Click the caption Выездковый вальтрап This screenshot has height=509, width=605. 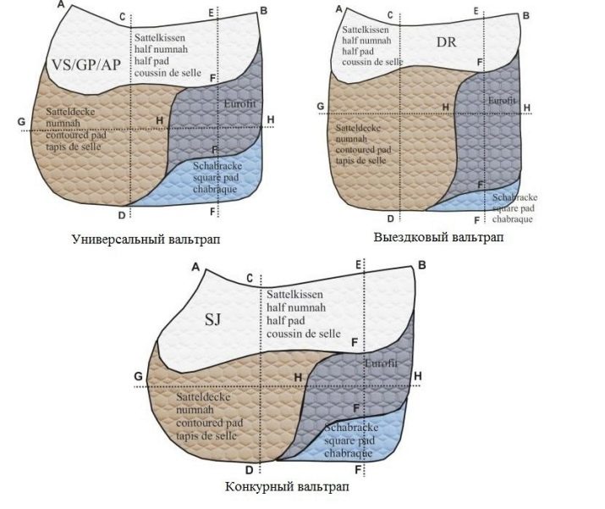pos(438,237)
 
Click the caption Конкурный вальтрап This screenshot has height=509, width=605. pos(287,489)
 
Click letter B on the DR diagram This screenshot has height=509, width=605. pos(525,15)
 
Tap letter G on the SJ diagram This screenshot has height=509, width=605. pos(138,375)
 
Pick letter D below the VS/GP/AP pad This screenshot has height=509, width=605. pos(122,214)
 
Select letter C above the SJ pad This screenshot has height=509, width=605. pos(249,278)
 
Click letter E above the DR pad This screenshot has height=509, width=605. pos(476,11)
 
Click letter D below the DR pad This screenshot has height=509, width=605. pos(390,217)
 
